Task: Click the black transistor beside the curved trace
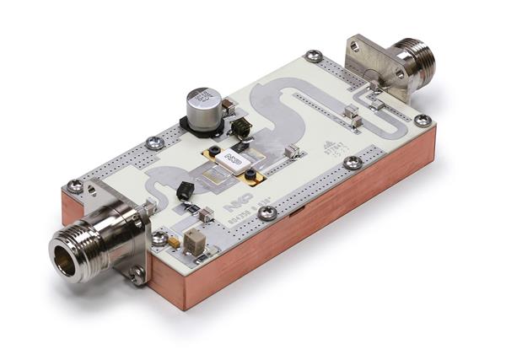[184, 191]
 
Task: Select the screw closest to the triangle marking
[353, 162]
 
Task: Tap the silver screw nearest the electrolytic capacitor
[154, 143]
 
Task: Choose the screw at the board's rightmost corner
[423, 121]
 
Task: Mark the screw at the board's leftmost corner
[75, 186]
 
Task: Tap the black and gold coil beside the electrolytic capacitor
[241, 128]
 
